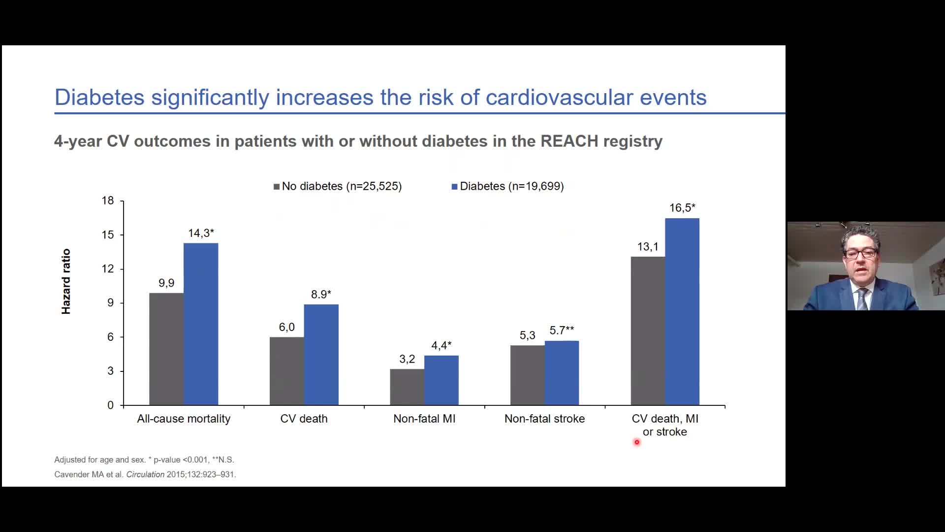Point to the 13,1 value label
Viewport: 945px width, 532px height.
pos(647,247)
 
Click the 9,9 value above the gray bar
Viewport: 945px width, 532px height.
pos(166,283)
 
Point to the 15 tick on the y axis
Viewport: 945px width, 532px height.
pos(108,235)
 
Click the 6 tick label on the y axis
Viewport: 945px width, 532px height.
pos(110,337)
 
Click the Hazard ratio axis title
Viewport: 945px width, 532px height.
pos(66,281)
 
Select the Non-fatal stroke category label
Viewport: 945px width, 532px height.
pos(544,419)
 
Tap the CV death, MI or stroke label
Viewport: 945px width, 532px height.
pos(665,425)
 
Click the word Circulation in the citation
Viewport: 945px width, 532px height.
pos(145,474)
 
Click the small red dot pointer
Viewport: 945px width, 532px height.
pos(637,442)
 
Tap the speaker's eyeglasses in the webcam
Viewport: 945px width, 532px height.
pos(860,254)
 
